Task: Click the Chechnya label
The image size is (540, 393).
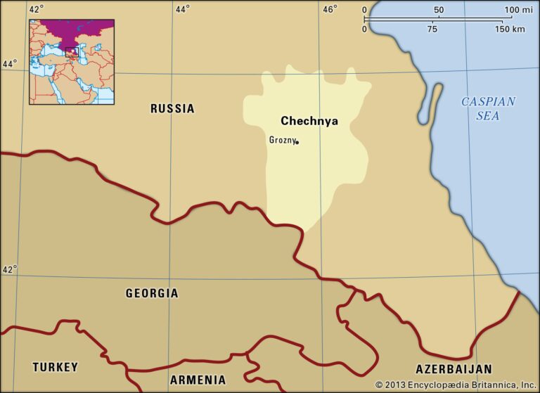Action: (309, 121)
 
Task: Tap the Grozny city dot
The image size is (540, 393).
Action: (297, 142)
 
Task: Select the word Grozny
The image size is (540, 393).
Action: (282, 140)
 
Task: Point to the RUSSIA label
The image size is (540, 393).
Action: (172, 108)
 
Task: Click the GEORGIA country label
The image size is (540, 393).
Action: (152, 293)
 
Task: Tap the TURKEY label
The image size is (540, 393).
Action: (55, 367)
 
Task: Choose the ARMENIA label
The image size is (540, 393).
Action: (198, 380)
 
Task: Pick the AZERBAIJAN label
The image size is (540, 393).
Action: (454, 369)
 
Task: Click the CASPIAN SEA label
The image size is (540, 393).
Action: (488, 108)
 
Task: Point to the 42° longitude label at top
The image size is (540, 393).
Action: (37, 9)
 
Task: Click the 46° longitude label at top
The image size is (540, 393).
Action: (330, 9)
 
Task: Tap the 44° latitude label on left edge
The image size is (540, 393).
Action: (9, 63)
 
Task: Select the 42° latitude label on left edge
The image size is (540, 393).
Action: (9, 269)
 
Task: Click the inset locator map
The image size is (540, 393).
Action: (71, 62)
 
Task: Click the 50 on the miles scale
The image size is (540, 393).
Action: (439, 10)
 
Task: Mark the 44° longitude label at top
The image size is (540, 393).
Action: (182, 9)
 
